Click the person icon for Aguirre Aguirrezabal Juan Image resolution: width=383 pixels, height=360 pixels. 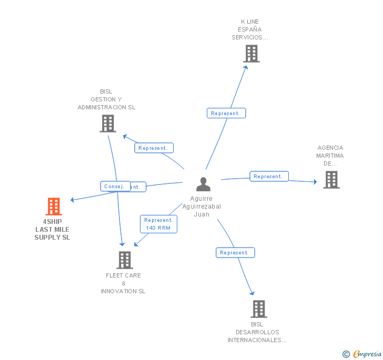click(x=203, y=184)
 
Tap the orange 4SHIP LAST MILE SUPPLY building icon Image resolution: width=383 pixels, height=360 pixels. click(x=54, y=207)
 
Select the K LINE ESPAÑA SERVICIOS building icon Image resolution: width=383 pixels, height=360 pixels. click(x=251, y=53)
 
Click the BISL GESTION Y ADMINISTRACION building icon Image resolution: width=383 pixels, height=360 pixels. click(x=108, y=124)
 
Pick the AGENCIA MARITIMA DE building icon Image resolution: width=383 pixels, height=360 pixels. click(x=331, y=180)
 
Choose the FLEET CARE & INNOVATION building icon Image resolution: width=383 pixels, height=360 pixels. click(x=125, y=260)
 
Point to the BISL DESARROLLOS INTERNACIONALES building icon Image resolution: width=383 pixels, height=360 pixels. click(x=259, y=309)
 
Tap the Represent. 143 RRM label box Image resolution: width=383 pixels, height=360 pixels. click(x=158, y=224)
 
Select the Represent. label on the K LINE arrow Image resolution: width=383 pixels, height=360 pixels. click(x=226, y=113)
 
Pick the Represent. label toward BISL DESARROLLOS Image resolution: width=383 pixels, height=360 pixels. click(x=235, y=253)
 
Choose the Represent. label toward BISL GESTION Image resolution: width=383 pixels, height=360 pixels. click(x=154, y=148)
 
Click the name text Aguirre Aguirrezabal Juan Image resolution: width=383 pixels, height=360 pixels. click(x=201, y=207)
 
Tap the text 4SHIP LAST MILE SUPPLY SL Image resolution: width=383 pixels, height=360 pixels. click(x=52, y=230)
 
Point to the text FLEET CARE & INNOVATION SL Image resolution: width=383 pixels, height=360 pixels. click(x=124, y=283)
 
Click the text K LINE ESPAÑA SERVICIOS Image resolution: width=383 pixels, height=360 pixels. click(x=250, y=29)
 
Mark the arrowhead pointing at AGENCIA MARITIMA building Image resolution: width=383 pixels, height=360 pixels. click(x=315, y=182)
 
